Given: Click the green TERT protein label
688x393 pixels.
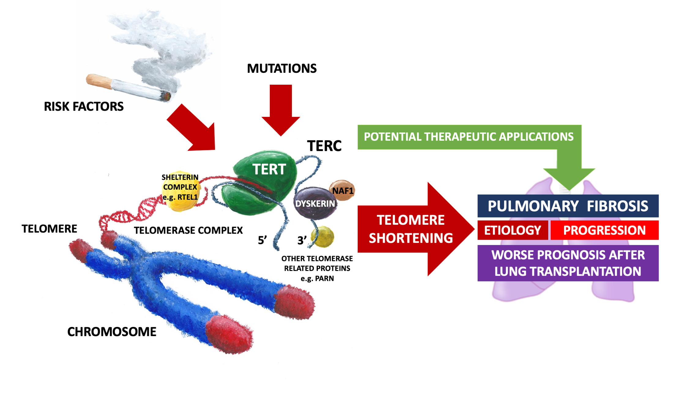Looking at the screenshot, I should pyautogui.click(x=269, y=169).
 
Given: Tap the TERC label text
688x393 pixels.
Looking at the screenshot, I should pyautogui.click(x=324, y=146).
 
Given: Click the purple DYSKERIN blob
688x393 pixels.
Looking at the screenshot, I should pyautogui.click(x=315, y=204).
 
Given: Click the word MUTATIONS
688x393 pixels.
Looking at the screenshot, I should pyautogui.click(x=281, y=69).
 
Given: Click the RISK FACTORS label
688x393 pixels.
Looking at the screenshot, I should pyautogui.click(x=84, y=107).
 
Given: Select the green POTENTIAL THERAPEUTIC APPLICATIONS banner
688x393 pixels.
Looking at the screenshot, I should pyautogui.click(x=469, y=137).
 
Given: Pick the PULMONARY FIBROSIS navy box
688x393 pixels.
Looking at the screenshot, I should pyautogui.click(x=568, y=206).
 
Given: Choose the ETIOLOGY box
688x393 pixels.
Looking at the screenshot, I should pyautogui.click(x=512, y=230).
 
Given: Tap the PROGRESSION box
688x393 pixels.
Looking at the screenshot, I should pyautogui.click(x=604, y=230).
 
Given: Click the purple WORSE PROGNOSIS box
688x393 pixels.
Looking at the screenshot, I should pyautogui.click(x=568, y=263).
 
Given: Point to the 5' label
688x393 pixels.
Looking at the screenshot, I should pyautogui.click(x=262, y=240).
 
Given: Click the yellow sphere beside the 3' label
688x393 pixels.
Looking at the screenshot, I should pyautogui.click(x=323, y=236).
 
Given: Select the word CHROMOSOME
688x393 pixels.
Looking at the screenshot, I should pyautogui.click(x=112, y=332).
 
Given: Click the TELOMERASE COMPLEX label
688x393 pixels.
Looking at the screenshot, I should pyautogui.click(x=188, y=230).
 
